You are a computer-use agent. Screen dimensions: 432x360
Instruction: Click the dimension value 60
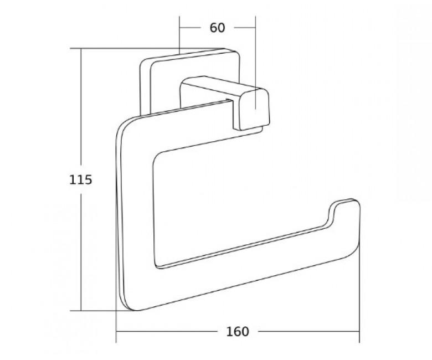pyautogui.click(x=217, y=28)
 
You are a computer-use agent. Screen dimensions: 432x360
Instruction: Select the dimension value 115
pyautogui.click(x=80, y=180)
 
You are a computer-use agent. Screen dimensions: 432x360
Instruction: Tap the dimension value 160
pyautogui.click(x=238, y=332)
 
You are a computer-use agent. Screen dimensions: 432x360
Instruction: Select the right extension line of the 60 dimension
pyautogui.click(x=255, y=63)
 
